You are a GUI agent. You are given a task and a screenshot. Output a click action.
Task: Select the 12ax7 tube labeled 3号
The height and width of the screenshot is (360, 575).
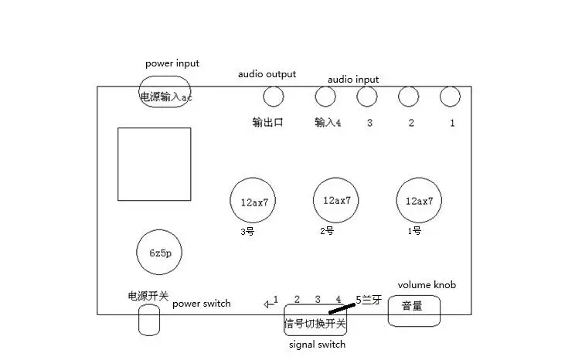[x=253, y=202]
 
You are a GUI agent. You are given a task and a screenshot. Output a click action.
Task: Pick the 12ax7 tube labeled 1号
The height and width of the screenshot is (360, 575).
[x=419, y=201]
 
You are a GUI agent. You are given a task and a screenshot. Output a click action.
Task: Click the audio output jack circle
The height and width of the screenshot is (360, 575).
[x=273, y=97]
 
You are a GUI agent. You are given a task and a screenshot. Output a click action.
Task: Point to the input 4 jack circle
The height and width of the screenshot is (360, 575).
[x=325, y=97]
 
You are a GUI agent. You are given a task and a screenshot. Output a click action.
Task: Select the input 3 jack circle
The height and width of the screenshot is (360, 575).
[x=366, y=97]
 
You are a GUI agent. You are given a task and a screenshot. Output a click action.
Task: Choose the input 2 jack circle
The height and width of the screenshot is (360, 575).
[x=408, y=97]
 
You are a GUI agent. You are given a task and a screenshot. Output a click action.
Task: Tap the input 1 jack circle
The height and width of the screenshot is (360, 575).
[x=450, y=97]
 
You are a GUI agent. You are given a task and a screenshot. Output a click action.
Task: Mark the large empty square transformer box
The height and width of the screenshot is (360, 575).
[x=154, y=164]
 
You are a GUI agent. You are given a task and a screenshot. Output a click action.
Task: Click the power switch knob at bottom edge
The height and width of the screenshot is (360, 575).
[x=149, y=320]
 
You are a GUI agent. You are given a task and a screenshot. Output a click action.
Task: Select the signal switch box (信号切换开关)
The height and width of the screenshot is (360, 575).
[x=315, y=322]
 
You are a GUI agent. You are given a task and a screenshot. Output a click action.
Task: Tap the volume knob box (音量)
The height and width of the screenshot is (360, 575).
[x=413, y=309]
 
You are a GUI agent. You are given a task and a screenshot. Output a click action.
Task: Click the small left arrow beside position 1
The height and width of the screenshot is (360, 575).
[x=267, y=304]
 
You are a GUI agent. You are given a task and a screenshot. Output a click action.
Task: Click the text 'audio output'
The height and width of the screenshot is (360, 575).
[x=267, y=74]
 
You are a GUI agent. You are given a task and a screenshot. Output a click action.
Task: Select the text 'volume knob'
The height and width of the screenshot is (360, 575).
[x=427, y=285]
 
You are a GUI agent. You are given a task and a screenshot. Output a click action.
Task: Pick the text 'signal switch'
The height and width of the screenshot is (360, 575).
[x=317, y=345]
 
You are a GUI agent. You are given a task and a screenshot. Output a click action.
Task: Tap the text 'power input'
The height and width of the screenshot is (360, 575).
[x=172, y=63]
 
